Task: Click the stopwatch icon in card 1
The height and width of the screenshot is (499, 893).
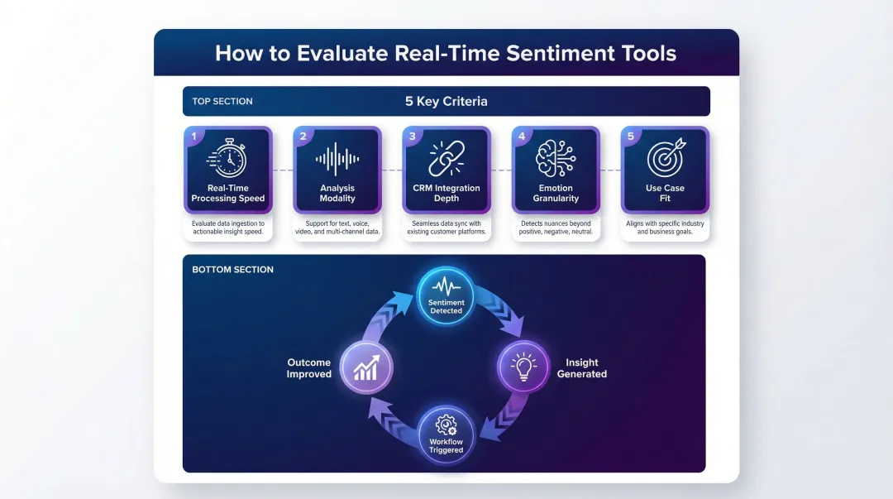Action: (x=227, y=158)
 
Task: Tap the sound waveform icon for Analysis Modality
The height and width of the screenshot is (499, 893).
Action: (x=337, y=158)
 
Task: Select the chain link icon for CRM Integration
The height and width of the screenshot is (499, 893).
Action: (x=446, y=157)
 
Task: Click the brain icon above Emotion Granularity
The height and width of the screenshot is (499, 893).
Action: (x=556, y=157)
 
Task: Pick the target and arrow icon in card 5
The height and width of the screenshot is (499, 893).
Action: (x=666, y=158)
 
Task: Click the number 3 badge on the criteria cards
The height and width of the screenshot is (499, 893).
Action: (x=412, y=137)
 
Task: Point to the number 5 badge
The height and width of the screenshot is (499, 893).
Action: (x=631, y=137)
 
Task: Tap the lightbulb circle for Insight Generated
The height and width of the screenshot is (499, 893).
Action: (x=523, y=367)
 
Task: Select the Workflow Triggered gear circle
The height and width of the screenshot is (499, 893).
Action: (x=446, y=434)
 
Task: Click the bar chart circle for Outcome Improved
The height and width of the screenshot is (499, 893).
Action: (x=365, y=367)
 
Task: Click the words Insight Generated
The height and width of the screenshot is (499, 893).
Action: (x=581, y=368)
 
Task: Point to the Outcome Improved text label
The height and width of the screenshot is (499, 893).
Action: (x=308, y=368)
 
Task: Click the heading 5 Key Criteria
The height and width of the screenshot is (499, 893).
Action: (x=446, y=102)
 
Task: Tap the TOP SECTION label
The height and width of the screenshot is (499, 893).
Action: (x=222, y=102)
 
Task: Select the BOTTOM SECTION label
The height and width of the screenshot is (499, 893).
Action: (x=232, y=270)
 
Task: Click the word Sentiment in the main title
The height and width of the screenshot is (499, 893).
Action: (x=559, y=54)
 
